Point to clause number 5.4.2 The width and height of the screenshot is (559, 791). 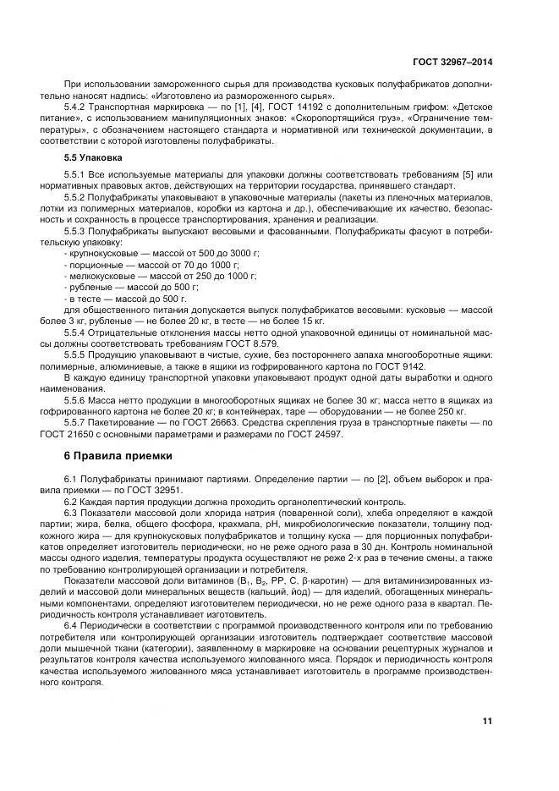[79, 109]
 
